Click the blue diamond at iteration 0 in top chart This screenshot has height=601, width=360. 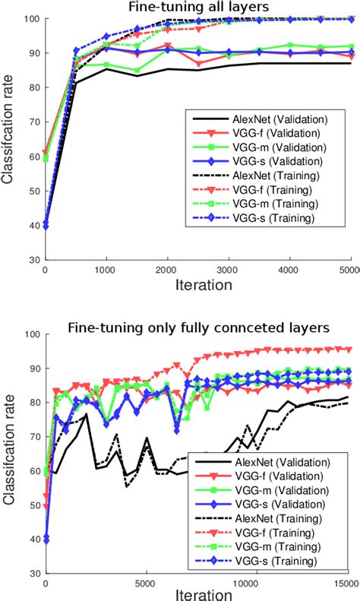[45, 225]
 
